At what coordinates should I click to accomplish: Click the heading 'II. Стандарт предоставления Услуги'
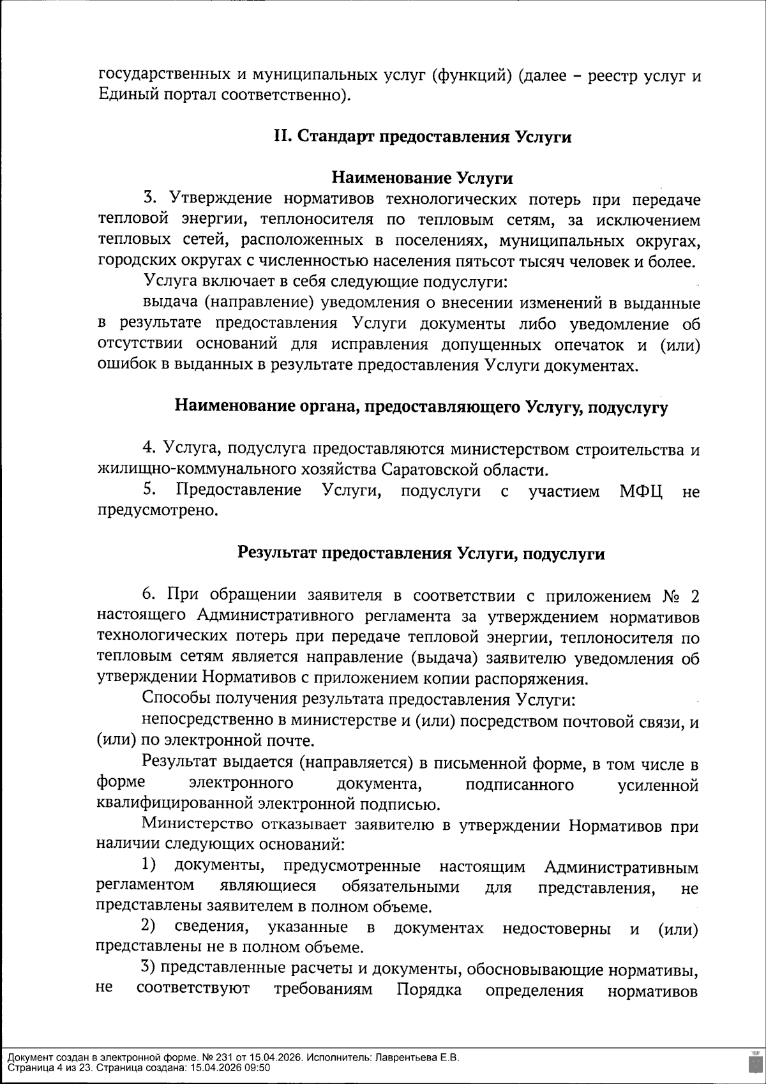(x=422, y=137)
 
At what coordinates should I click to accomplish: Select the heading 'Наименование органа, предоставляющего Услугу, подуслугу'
(x=421, y=407)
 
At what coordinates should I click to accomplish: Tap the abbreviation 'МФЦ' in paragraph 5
(x=641, y=492)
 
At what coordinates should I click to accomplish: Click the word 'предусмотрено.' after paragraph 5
(x=157, y=511)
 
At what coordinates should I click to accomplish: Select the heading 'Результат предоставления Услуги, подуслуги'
(x=421, y=553)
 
